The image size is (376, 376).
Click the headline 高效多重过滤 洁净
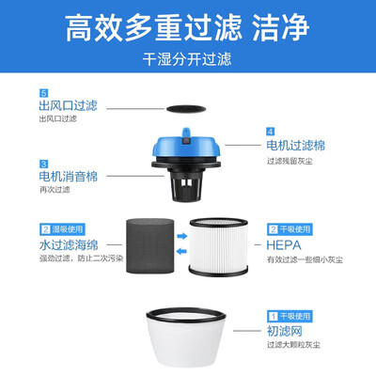187,27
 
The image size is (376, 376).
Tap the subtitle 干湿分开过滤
187,59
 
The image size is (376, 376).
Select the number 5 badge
43,93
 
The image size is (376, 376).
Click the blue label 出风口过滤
68,105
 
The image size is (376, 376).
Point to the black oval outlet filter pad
186,109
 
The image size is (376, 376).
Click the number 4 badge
271,132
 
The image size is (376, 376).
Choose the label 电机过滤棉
296,146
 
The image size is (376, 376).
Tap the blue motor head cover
186,147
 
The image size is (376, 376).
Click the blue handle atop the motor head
186,134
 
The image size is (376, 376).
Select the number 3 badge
43,164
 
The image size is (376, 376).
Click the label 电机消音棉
69,177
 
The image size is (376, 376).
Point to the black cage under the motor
186,186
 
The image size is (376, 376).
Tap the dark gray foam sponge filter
150,246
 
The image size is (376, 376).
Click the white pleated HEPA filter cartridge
218,247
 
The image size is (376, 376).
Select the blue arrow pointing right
181,236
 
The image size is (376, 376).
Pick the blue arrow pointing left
181,251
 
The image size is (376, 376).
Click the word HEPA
284,245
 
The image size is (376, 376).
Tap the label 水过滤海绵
69,245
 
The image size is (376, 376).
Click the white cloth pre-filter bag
186,337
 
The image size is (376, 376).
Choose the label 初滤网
285,331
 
